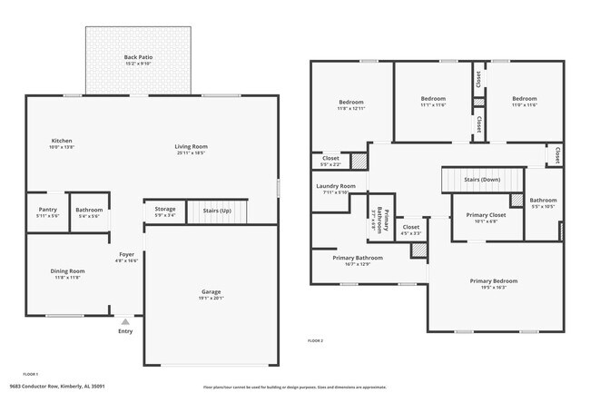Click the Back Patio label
(x=138, y=57)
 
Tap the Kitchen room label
(x=62, y=141)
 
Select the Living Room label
(x=192, y=146)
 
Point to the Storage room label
(x=164, y=209)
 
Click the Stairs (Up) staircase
(x=218, y=211)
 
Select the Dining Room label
(x=68, y=270)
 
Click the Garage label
(x=211, y=291)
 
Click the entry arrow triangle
(x=125, y=320)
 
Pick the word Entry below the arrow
(x=125, y=330)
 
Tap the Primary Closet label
(x=482, y=215)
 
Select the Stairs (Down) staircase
(x=483, y=180)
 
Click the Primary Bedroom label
(x=495, y=280)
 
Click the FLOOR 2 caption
(x=316, y=339)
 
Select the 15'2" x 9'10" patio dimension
(x=138, y=64)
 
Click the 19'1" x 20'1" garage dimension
(x=211, y=298)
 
